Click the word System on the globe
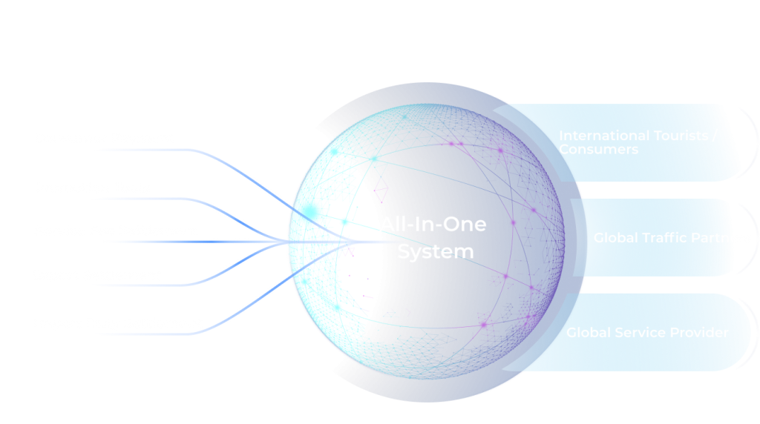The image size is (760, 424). (435, 251)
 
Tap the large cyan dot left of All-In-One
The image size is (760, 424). (344, 222)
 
